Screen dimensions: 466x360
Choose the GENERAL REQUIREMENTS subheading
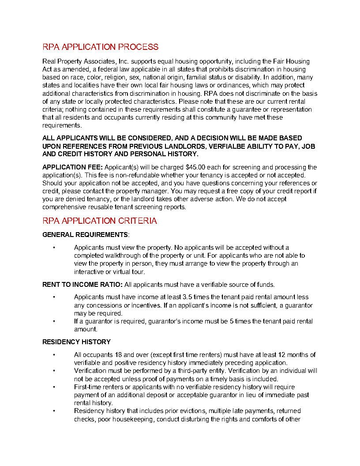click(x=85, y=234)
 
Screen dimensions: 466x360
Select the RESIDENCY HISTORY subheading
click(x=76, y=342)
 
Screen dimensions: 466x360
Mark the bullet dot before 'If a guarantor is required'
click(x=54, y=321)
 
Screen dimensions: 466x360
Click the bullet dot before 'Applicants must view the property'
click(x=54, y=248)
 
